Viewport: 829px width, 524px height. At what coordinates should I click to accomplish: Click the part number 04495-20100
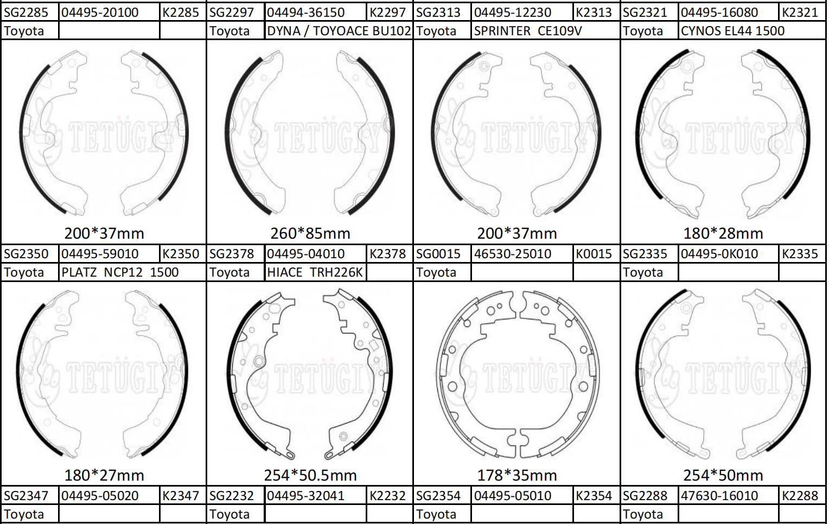pos(99,12)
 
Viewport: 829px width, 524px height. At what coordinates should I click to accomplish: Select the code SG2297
pos(231,12)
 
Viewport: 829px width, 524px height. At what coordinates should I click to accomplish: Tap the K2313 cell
pos(594,12)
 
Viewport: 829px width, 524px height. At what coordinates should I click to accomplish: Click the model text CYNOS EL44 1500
pos(732,31)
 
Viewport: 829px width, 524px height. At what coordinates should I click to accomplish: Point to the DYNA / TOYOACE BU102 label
pos(339,31)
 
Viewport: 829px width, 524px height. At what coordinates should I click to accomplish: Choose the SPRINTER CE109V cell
pos(528,31)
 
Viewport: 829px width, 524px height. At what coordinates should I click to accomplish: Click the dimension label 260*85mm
pos(310,233)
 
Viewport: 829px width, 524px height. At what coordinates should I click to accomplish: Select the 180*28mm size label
pos(723,233)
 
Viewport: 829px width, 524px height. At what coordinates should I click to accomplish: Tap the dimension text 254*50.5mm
pos(310,475)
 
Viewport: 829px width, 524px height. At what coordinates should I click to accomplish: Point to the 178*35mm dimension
pos(516,475)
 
